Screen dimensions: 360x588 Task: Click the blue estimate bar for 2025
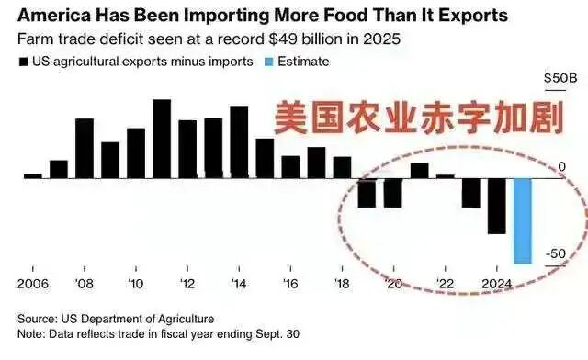(522, 221)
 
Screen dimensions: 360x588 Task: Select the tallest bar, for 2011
(162, 138)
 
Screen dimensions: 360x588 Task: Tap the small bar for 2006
(33, 174)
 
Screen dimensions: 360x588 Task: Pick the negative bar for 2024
(496, 206)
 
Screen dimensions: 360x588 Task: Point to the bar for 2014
(239, 141)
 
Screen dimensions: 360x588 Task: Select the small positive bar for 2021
(419, 170)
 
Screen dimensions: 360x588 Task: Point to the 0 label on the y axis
(561, 165)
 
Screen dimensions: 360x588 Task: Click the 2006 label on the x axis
(33, 283)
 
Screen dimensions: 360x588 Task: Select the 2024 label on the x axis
(496, 283)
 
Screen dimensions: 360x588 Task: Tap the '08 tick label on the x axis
(84, 283)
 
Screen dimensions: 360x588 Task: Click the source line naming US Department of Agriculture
(116, 318)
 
